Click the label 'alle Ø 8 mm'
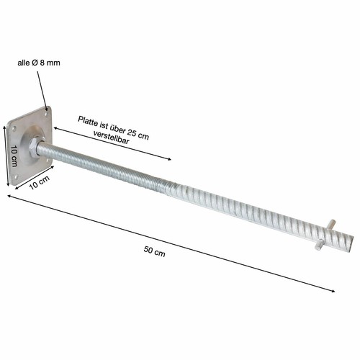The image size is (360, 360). (x=39, y=63)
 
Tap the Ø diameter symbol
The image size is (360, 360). (x=35, y=63)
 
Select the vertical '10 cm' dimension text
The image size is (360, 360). (x=14, y=156)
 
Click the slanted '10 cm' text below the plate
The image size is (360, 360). (x=39, y=182)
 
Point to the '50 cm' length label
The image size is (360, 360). (x=154, y=251)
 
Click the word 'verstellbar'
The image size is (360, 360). (x=112, y=138)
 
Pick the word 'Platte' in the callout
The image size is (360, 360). (x=88, y=121)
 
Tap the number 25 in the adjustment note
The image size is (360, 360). (x=132, y=132)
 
